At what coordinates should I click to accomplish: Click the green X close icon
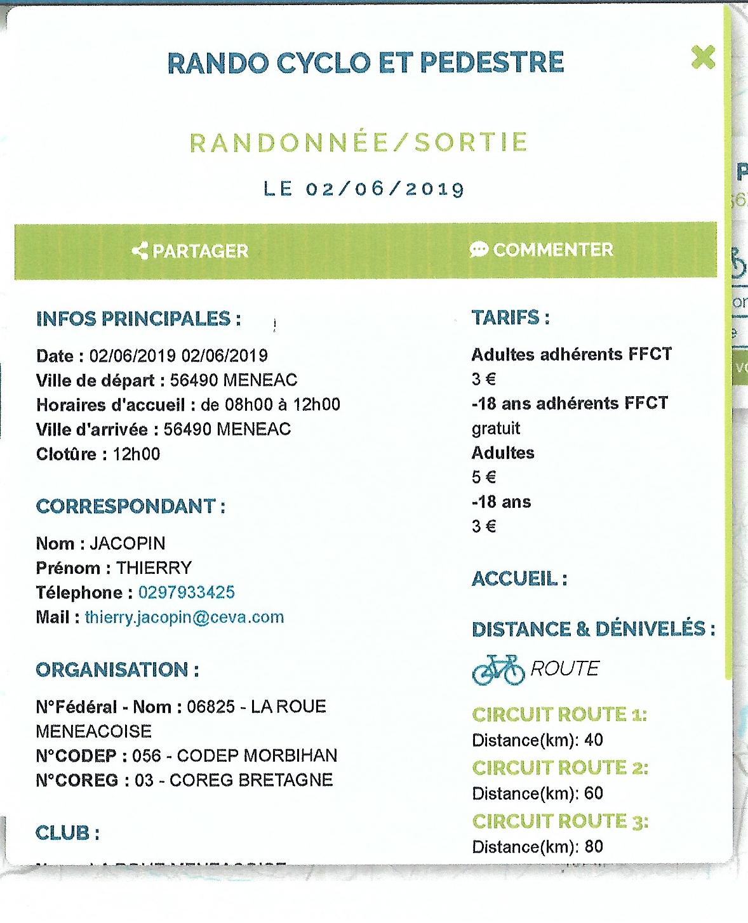703,57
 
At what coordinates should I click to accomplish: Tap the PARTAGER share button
190,251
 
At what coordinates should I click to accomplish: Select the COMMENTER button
542,249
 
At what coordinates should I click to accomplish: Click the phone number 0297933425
186,592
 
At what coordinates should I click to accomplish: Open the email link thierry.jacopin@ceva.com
184,617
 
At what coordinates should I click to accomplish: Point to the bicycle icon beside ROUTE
498,670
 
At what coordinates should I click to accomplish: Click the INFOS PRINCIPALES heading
138,319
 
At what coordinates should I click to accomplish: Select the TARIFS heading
510,317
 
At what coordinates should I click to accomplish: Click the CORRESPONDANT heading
130,507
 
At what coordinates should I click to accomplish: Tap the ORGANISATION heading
117,670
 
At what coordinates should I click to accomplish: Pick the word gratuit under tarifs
495,428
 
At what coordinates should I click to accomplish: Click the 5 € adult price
484,477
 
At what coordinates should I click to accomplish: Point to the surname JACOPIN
128,543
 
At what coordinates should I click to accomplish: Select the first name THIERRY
154,568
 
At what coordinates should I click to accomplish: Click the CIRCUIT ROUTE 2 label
559,768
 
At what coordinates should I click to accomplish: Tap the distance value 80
594,846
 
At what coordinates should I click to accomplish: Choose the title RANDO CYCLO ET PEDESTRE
365,62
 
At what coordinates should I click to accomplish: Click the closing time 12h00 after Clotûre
137,454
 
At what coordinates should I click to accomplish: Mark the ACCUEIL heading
519,579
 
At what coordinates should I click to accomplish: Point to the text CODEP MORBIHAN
257,755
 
